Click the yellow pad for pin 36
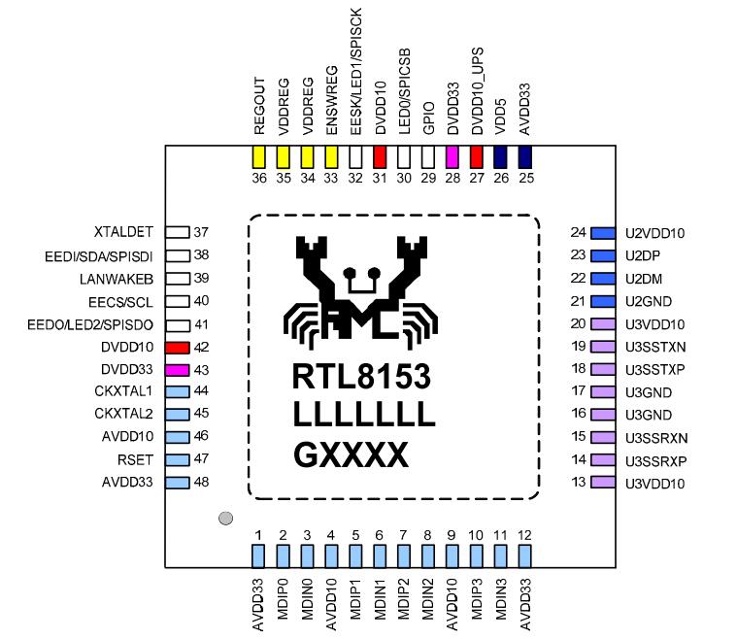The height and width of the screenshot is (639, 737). (x=259, y=156)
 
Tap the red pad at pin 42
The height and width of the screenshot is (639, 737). (x=177, y=347)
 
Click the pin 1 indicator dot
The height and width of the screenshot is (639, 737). (x=226, y=519)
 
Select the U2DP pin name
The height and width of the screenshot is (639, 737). (x=643, y=255)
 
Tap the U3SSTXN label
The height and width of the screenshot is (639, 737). (x=655, y=347)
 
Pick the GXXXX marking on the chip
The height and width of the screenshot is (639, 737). (x=351, y=455)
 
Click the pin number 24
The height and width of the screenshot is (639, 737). (x=580, y=233)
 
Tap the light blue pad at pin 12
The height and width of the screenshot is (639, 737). (x=525, y=555)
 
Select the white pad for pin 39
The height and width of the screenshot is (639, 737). (x=177, y=279)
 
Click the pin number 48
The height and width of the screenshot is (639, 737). (x=202, y=483)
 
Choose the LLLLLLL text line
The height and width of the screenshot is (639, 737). (x=363, y=416)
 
